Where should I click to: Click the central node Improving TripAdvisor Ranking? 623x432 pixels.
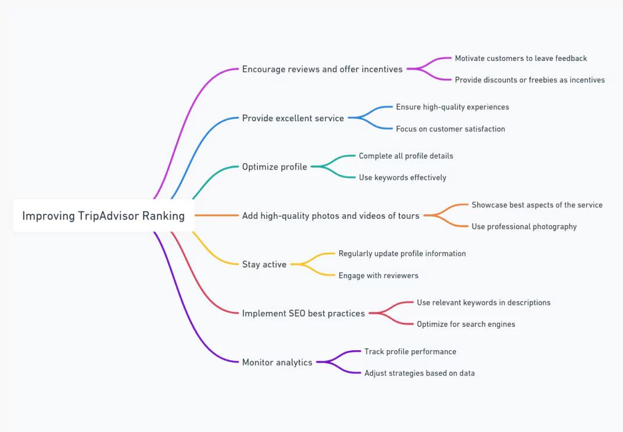pos(103,215)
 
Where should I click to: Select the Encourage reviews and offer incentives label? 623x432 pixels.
pos(322,69)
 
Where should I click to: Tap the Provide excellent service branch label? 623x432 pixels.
pos(293,118)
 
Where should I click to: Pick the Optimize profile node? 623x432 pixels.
pos(274,167)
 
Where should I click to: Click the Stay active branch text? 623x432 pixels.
pos(264,264)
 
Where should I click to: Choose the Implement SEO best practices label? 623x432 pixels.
pos(303,314)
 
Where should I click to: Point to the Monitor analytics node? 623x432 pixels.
pos(277,362)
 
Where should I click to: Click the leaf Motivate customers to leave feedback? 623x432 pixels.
pos(521,59)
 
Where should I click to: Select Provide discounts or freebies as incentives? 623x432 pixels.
pos(529,80)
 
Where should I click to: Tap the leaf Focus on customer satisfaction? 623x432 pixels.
pos(450,129)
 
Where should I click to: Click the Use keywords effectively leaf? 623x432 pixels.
pos(403,178)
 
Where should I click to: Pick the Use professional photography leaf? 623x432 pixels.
pos(524,226)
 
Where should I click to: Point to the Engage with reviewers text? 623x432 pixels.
pos(378,276)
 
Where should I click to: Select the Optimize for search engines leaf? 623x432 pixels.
pos(466,324)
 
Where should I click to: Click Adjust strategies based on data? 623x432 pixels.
pos(420,373)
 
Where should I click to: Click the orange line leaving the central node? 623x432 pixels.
pos(217,215)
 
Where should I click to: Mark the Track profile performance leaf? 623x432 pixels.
pos(410,351)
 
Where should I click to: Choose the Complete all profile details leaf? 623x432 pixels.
pos(406,156)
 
